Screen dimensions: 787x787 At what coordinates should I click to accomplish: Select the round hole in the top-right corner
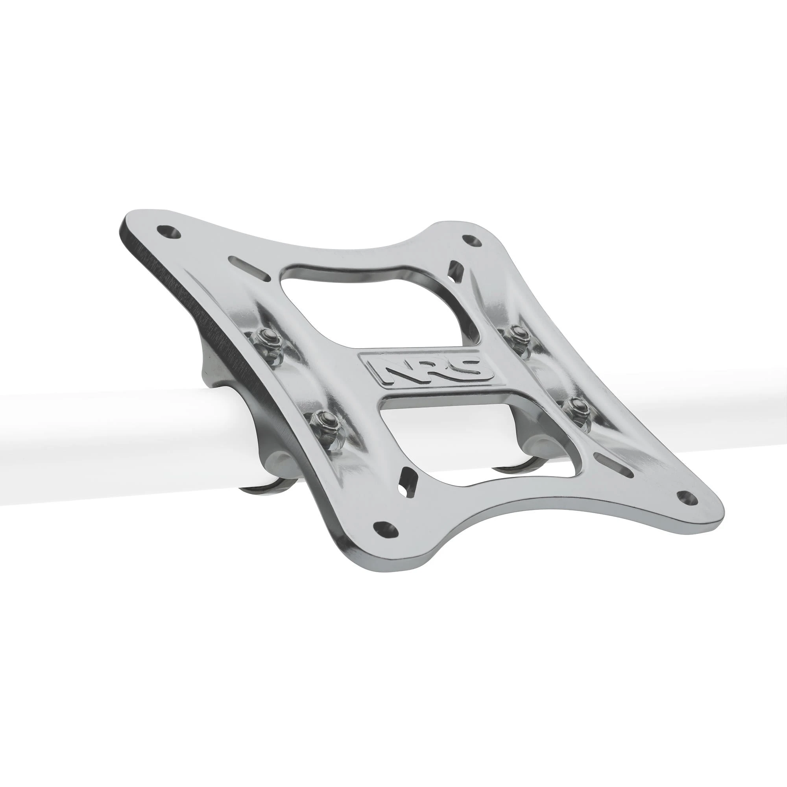click(473, 240)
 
